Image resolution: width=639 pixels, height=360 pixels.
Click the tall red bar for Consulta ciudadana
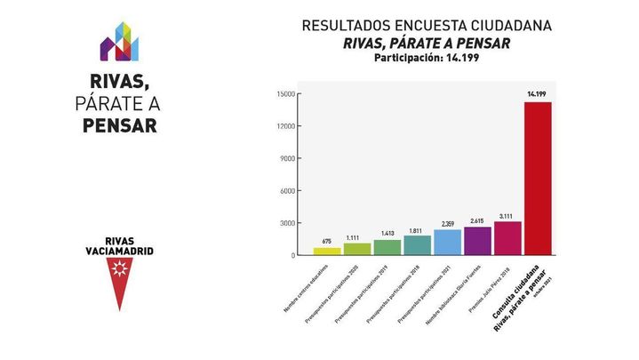[538, 178]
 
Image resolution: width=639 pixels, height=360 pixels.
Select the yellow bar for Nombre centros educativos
[327, 251]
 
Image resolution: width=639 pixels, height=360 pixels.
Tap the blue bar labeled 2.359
[448, 242]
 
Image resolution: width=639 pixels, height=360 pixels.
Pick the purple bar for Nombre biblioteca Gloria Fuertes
[477, 240]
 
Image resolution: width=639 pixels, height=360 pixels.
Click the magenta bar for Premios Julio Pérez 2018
[507, 237]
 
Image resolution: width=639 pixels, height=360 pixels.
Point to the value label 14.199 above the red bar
[537, 93]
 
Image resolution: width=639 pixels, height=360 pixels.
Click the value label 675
[327, 241]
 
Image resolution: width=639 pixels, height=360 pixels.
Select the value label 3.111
[507, 215]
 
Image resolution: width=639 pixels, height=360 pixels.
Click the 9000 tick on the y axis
[285, 158]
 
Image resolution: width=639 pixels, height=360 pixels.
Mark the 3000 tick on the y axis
[285, 223]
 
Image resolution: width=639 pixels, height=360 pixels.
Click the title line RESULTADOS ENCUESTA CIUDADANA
[427, 26]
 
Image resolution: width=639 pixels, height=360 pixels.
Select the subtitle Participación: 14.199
[427, 59]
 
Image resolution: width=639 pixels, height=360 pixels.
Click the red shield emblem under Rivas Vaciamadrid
[118, 284]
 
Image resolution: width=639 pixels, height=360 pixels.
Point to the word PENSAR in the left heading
[119, 126]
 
